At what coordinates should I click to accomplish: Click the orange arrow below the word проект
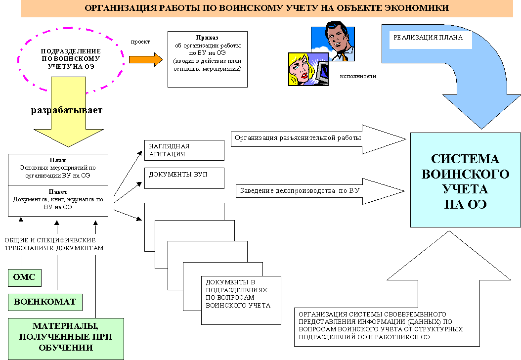[146, 60]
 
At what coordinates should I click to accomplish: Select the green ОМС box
[25, 278]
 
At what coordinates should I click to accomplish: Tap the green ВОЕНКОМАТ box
[45, 302]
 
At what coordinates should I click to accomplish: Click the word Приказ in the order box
[207, 38]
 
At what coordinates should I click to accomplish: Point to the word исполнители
[358, 76]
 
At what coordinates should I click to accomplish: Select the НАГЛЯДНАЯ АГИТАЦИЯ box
[184, 150]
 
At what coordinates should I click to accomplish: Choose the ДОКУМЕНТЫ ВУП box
[184, 178]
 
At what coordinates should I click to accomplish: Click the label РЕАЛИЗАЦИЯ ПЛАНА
[428, 38]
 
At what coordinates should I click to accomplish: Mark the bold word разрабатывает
[67, 110]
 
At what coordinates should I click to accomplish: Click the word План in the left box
[58, 160]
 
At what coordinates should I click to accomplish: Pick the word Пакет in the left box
[58, 192]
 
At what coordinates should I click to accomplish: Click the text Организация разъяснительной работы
[298, 138]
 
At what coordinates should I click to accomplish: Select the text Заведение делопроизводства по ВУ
[300, 191]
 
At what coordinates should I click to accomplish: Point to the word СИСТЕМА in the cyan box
[465, 159]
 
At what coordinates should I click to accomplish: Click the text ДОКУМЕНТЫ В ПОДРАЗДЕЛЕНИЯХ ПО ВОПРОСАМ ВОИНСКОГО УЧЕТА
[238, 294]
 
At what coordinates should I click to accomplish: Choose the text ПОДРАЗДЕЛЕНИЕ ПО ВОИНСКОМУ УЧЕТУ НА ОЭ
[71, 59]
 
